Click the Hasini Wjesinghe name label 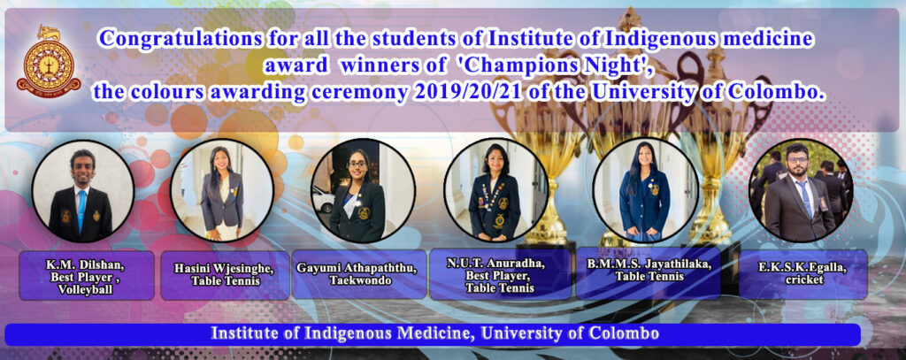point(224,270)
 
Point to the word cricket point(803,280)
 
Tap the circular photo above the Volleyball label point(82,191)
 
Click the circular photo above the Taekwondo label point(363,191)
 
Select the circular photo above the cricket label point(801,190)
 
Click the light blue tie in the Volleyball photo point(81,210)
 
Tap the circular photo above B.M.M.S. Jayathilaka point(645,190)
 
